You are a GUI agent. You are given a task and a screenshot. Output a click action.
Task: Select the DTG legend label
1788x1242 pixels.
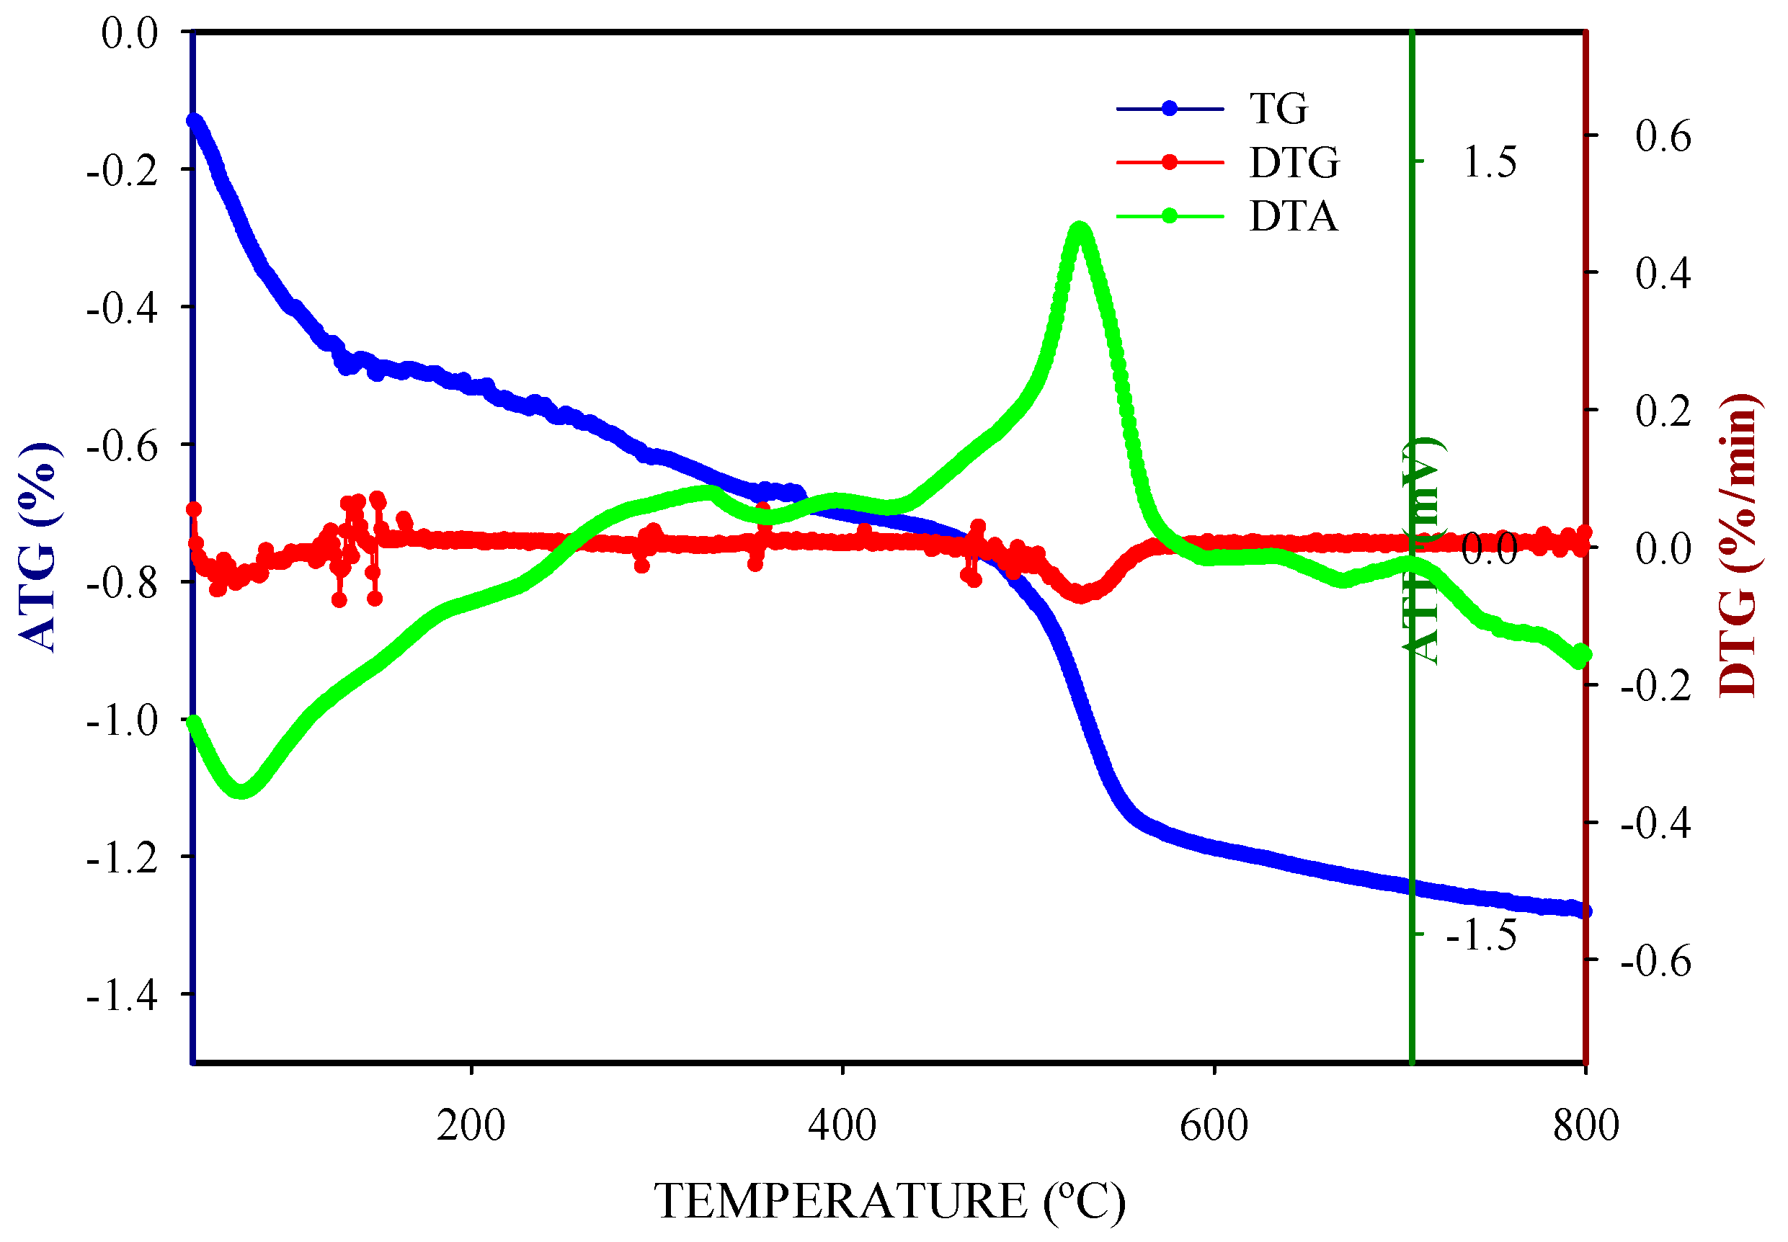point(1294,163)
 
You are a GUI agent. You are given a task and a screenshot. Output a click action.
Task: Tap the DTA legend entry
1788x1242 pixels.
point(1292,216)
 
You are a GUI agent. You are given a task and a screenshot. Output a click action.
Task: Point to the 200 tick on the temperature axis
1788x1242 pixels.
point(470,1126)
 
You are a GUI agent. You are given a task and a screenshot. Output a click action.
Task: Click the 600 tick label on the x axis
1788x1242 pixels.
point(1213,1126)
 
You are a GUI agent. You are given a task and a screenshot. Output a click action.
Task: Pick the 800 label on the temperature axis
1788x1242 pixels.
point(1585,1126)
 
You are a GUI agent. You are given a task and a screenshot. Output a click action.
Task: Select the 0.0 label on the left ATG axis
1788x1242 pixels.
point(129,33)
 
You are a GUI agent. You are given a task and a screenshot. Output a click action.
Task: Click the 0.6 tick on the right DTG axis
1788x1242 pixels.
point(1663,136)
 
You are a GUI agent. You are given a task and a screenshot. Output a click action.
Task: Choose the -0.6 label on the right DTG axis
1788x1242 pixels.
point(1655,962)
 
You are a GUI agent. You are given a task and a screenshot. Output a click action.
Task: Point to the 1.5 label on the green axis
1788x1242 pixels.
point(1489,162)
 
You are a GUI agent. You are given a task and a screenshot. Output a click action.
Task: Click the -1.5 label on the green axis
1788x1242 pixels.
point(1480,934)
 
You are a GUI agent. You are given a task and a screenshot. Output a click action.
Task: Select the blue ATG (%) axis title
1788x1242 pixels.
point(37,546)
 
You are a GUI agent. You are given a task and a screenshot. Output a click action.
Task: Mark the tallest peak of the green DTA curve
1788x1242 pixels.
point(1079,228)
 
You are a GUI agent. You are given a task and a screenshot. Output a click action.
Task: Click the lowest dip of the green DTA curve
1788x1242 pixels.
point(242,790)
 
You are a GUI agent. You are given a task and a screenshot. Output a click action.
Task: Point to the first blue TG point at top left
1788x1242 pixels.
point(194,120)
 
